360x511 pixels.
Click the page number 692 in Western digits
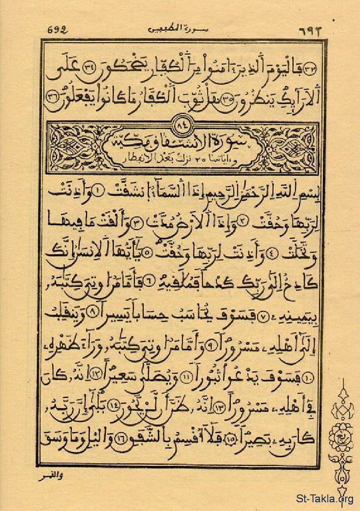[57, 31]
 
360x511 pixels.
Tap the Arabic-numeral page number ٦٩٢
[309, 31]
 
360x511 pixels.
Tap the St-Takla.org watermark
[324, 498]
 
